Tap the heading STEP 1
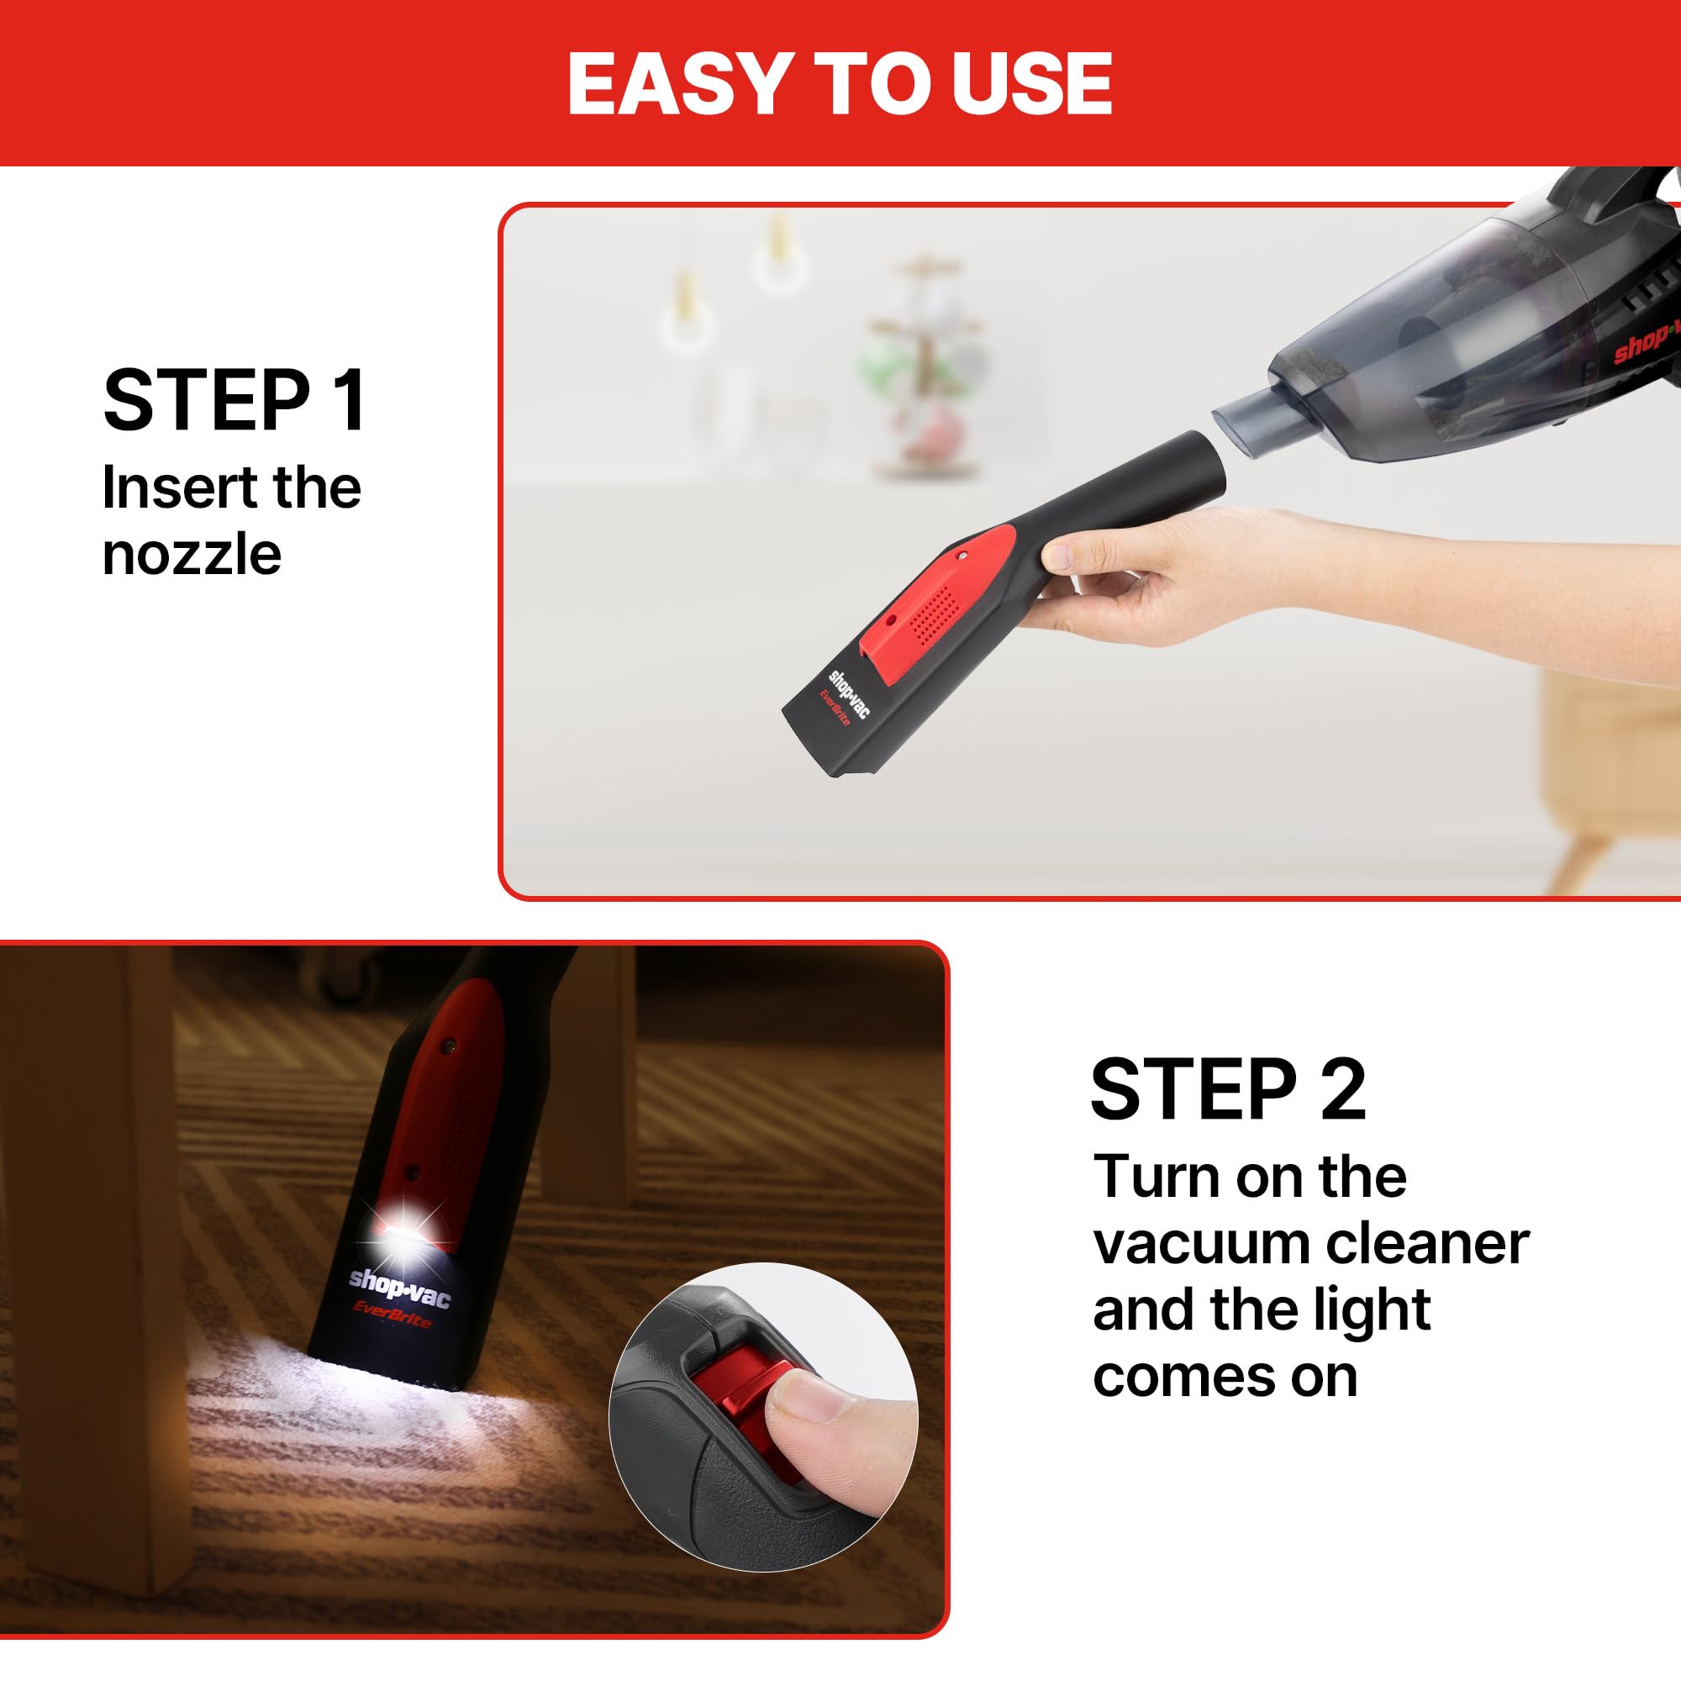[x=235, y=401]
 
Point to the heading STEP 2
[x=1228, y=1090]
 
